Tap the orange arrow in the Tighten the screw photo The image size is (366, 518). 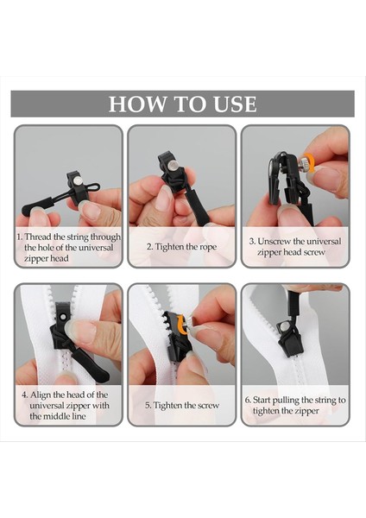(181, 324)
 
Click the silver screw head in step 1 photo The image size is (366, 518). (78, 180)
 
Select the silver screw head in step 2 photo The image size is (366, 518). (173, 165)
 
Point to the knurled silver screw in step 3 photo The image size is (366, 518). (305, 163)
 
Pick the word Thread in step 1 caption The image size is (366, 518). (38, 237)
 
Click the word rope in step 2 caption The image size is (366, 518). (207, 247)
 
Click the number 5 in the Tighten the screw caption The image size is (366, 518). (148, 406)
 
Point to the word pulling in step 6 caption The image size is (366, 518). (286, 401)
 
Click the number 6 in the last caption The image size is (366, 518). (247, 400)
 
